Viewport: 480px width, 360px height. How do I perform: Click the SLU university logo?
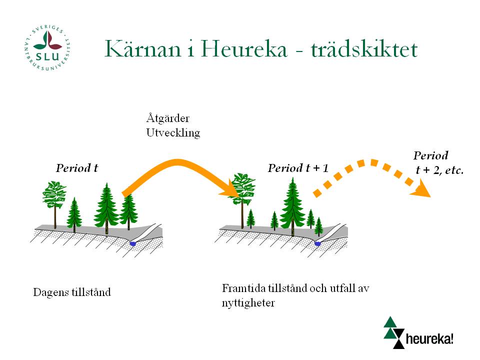point(47,48)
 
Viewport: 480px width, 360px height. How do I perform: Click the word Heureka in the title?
point(244,48)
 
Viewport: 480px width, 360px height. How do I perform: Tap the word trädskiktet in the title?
point(364,49)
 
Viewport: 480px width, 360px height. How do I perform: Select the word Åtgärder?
point(168,118)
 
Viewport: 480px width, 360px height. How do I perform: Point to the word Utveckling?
point(173,132)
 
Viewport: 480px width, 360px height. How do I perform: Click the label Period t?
point(77,168)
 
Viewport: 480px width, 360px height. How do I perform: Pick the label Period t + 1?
point(298,168)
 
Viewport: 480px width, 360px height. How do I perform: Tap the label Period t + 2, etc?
point(438,162)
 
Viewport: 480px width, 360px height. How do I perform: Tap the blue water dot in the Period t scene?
point(133,243)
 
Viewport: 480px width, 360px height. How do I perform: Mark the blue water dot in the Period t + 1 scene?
point(318,243)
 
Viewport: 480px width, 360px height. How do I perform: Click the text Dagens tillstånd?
point(72,292)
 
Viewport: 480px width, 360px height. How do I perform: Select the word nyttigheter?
point(248,303)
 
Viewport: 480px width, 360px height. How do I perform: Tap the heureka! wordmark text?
point(429,339)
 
